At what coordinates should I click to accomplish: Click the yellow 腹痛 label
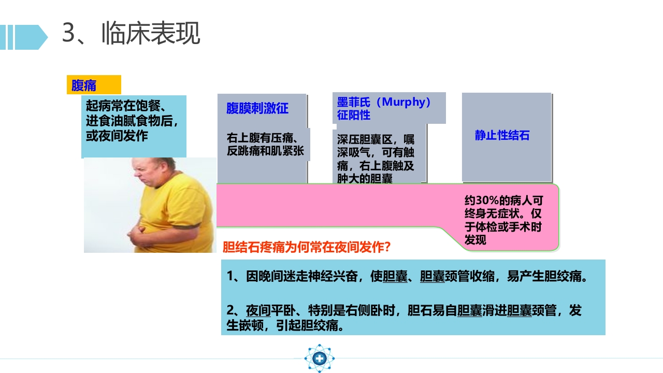pos(84,85)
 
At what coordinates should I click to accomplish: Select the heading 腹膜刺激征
pos(257,109)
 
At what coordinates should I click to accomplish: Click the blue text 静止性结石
pos(502,136)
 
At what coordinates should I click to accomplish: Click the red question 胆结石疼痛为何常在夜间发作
pos(306,247)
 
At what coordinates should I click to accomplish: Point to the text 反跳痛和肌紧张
pos(265,152)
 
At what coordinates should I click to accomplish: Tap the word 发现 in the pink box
pos(475,240)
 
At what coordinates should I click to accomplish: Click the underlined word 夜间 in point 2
pos(258,310)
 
